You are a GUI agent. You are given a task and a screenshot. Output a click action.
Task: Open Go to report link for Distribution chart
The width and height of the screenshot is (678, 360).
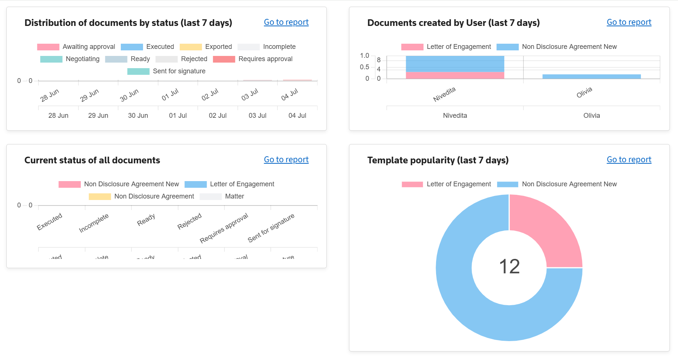click(286, 22)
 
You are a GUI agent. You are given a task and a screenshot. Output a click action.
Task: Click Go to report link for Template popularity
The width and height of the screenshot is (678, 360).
click(629, 160)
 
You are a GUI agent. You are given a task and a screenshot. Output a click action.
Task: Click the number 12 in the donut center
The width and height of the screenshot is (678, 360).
click(509, 267)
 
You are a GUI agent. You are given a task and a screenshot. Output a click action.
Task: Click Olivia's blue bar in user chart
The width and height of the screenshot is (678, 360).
click(591, 77)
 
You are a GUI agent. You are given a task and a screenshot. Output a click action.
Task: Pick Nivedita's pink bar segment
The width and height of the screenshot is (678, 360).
click(455, 75)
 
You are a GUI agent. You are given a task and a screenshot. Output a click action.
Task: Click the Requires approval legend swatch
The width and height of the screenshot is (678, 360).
click(224, 59)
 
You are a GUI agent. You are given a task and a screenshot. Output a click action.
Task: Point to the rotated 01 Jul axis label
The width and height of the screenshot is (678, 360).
click(170, 95)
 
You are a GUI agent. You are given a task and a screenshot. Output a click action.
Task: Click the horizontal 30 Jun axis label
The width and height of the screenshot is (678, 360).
click(138, 116)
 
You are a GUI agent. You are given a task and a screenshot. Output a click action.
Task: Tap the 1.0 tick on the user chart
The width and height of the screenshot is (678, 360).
click(364, 56)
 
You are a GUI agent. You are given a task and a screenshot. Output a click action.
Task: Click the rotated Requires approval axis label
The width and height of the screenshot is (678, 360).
click(224, 228)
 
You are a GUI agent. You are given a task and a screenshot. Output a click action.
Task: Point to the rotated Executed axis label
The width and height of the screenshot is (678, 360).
click(49, 221)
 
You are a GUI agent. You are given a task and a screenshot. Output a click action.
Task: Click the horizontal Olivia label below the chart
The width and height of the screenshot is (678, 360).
click(591, 116)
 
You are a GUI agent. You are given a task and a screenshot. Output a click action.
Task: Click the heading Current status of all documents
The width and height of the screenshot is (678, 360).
click(92, 160)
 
